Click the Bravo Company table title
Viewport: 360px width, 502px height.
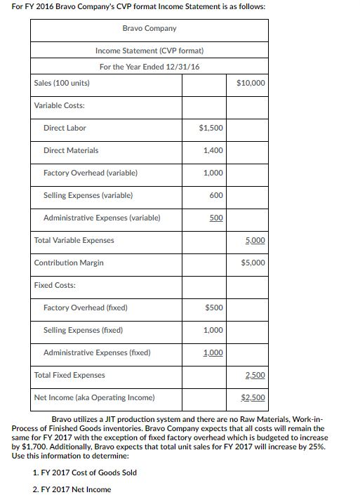coord(150,28)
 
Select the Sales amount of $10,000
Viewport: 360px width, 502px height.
coord(251,83)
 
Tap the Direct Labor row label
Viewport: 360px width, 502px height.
coord(65,128)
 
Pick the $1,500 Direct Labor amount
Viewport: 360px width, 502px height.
coord(211,128)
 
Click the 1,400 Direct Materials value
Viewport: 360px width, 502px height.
coord(213,150)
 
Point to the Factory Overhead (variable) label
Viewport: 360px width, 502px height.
coord(90,173)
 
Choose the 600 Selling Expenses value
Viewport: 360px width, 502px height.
coord(216,195)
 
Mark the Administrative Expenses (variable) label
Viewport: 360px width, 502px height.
coord(101,218)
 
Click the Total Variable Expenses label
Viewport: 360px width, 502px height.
coord(74,240)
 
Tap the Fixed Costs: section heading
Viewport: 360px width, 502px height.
coord(55,285)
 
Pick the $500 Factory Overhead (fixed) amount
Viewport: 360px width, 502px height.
coord(214,308)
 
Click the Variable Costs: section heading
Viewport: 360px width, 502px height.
coord(59,105)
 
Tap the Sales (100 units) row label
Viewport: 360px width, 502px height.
coord(62,83)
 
